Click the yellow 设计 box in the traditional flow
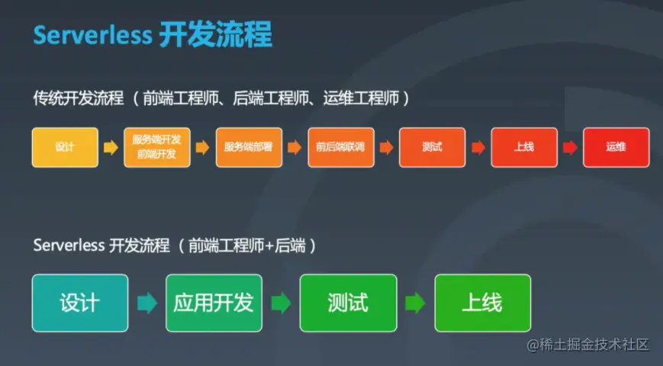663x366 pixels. tap(65, 147)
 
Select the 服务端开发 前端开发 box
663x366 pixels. tap(156, 147)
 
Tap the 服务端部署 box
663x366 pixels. tap(249, 147)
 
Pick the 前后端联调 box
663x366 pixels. tap(340, 147)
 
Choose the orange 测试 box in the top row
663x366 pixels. tap(432, 147)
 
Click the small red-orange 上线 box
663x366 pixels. tap(523, 147)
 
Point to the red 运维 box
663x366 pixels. tap(616, 147)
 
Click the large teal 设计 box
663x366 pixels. tap(79, 303)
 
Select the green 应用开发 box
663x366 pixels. tap(214, 303)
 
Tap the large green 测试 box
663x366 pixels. tap(348, 303)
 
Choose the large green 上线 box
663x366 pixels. tap(482, 303)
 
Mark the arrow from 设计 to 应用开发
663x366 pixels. tap(146, 303)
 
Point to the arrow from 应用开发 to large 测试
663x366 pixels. tap(281, 303)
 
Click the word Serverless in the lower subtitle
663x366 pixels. tap(68, 246)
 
